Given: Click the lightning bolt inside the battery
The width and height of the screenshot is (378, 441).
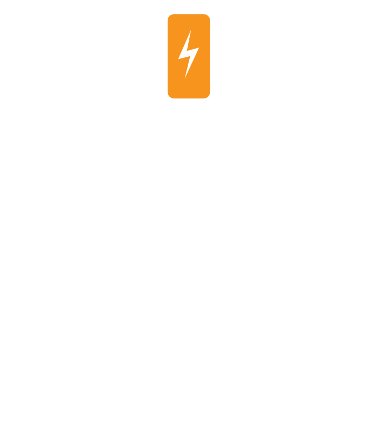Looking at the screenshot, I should [188, 54].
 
